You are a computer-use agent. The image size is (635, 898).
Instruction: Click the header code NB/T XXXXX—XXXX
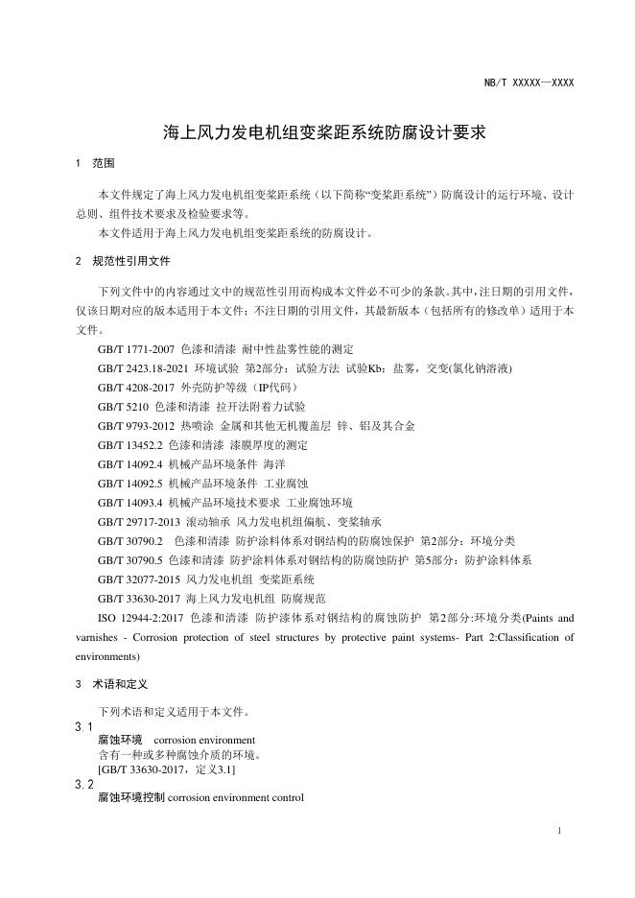pos(529,83)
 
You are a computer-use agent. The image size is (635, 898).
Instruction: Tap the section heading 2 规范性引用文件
pos(122,261)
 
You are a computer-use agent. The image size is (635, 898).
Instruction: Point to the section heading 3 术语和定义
pos(110,684)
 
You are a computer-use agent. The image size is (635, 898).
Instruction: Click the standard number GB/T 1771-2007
pos(135,348)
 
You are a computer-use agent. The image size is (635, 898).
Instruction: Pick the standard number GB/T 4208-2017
pos(135,387)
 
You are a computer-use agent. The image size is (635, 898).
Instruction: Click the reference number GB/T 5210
pos(122,406)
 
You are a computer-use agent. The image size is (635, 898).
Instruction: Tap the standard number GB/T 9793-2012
pos(135,425)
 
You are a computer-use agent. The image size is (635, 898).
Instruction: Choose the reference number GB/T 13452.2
pos(129,444)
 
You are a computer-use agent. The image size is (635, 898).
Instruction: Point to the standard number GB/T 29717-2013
pos(139,522)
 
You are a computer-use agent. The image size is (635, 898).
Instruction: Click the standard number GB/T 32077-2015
pos(139,579)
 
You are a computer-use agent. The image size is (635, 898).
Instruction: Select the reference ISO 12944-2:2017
pos(141,618)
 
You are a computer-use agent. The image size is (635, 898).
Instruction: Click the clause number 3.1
pos(83,727)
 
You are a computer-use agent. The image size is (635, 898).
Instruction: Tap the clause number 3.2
pos(83,784)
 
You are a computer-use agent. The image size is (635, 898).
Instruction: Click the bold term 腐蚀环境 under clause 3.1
pos(120,741)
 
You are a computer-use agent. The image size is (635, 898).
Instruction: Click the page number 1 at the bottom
pos(559,831)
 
